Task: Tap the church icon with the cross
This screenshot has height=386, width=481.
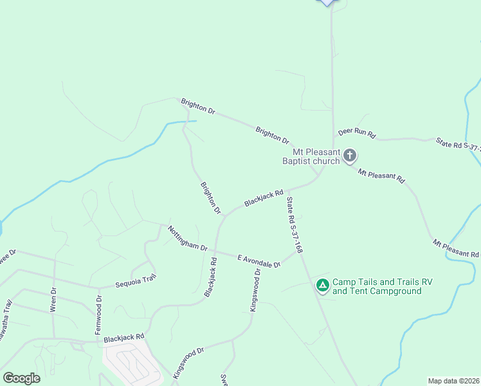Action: click(350, 155)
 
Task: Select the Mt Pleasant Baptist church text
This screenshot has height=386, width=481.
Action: click(311, 156)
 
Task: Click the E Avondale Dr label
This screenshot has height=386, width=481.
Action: click(259, 261)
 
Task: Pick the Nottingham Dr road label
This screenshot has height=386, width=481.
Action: click(187, 239)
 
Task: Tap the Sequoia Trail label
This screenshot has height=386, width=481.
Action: click(136, 281)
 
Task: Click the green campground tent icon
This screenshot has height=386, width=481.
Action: click(322, 284)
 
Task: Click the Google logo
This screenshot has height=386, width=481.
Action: click(21, 378)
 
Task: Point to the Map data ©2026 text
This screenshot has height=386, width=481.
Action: click(453, 381)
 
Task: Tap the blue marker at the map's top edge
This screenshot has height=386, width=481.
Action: click(328, 2)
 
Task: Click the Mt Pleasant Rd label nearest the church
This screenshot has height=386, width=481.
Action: click(381, 174)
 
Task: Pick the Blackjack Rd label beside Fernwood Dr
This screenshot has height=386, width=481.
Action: click(124, 337)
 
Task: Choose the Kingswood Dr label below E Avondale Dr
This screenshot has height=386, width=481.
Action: click(255, 289)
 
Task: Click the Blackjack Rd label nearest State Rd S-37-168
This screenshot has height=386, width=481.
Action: click(264, 198)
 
